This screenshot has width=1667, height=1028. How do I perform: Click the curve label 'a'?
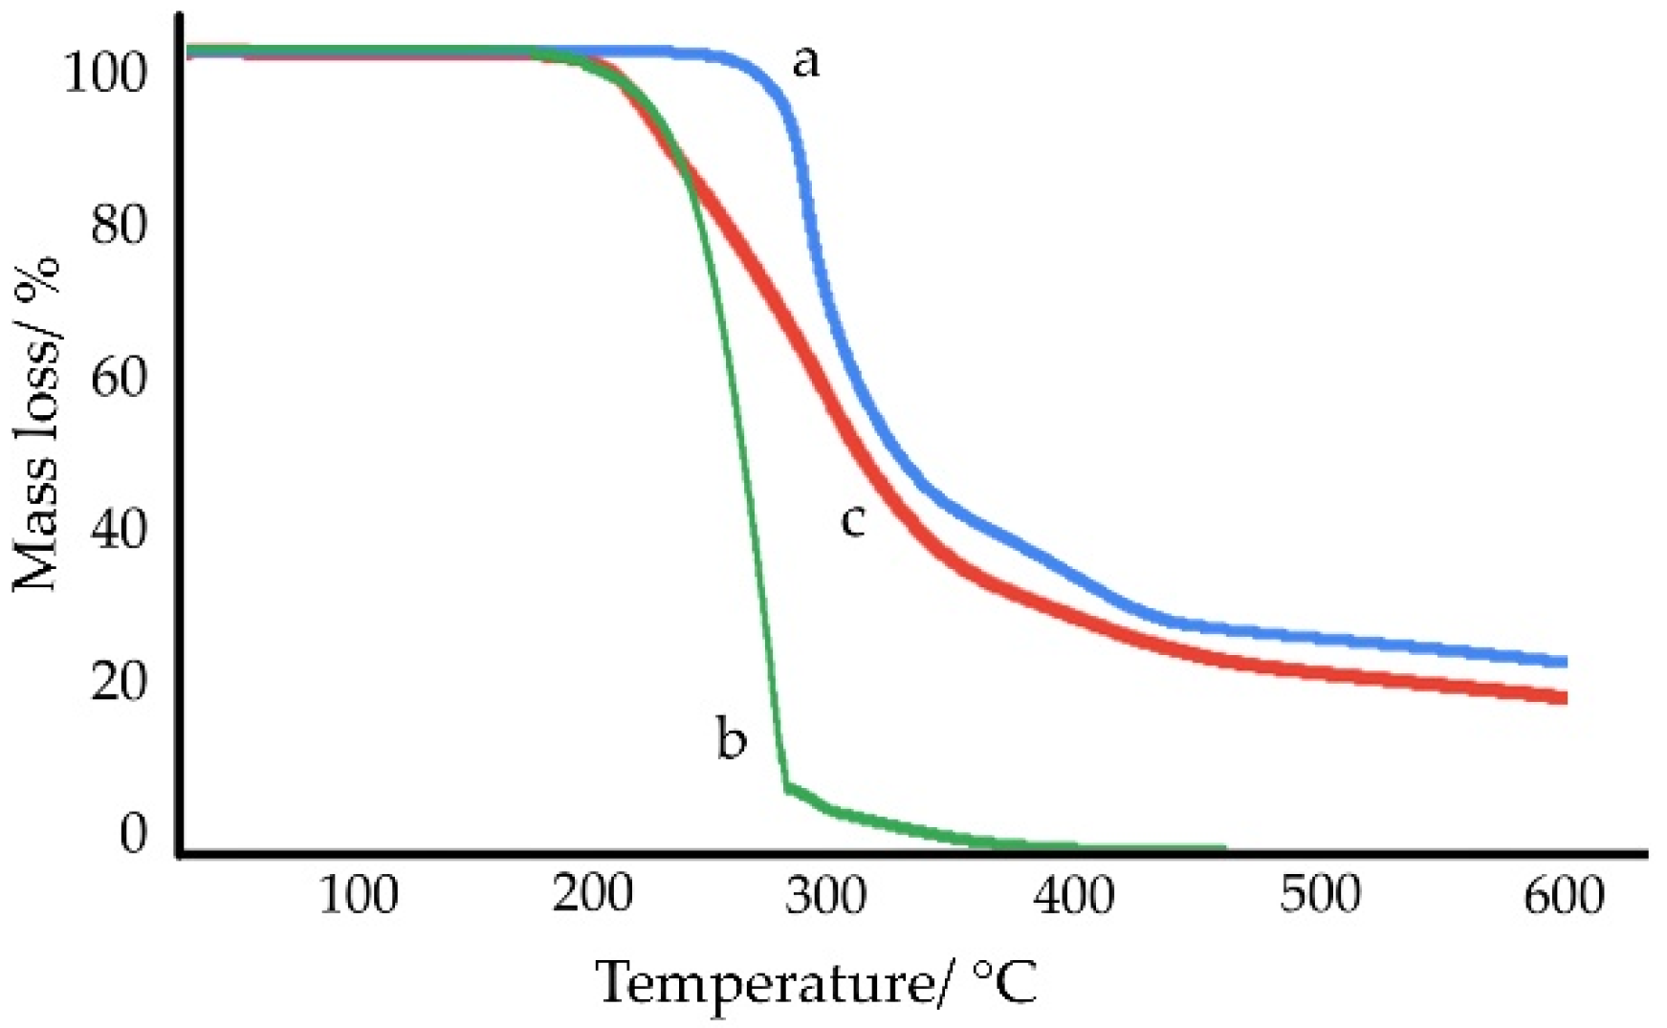click(805, 63)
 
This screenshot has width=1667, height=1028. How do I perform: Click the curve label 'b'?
click(732, 739)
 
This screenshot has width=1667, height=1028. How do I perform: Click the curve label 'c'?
click(852, 521)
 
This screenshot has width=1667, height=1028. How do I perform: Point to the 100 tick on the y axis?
click(105, 73)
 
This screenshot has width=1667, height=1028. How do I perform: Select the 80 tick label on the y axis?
click(120, 226)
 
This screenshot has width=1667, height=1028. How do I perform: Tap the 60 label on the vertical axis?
click(120, 378)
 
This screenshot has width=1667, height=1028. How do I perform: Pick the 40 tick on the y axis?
click(120, 530)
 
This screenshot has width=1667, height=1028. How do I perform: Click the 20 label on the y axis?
click(120, 682)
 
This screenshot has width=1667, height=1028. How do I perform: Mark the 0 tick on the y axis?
click(134, 833)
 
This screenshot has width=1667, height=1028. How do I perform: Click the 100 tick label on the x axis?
click(358, 896)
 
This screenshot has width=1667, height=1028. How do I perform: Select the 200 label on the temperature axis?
click(593, 896)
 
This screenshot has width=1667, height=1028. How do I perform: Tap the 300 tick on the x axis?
click(828, 896)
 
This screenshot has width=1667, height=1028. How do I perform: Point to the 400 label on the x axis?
click(1075, 896)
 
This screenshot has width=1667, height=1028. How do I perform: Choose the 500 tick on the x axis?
click(1321, 896)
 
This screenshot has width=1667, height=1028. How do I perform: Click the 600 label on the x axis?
click(1564, 896)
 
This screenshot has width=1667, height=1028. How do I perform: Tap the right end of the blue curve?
click(1565, 662)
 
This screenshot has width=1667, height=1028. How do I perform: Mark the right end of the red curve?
click(1565, 698)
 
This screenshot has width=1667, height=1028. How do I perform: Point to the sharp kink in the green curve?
click(786, 788)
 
